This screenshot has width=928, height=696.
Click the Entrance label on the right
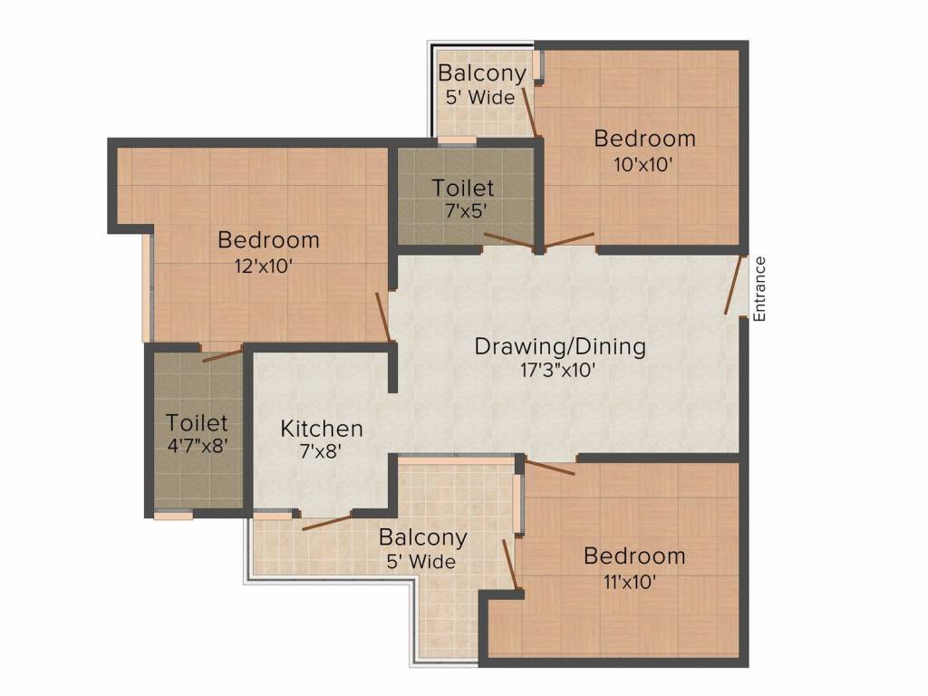[x=760, y=289]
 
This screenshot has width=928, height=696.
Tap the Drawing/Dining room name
[x=560, y=346]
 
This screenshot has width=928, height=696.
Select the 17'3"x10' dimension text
[x=560, y=370]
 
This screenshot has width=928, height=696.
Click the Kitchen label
[x=322, y=429]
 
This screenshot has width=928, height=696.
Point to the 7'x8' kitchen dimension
[x=322, y=451]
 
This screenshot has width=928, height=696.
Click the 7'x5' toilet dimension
[x=463, y=210]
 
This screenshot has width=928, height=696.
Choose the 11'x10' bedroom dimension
[x=633, y=581]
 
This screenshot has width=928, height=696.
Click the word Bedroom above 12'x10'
[x=268, y=240]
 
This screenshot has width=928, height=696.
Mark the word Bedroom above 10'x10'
[x=644, y=139]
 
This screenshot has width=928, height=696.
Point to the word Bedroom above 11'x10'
[x=634, y=556]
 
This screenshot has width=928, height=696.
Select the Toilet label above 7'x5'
[x=463, y=188]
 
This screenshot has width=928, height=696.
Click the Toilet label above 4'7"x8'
[x=197, y=422]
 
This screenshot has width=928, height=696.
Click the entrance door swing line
[x=734, y=285]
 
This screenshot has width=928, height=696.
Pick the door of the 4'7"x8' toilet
[x=222, y=354]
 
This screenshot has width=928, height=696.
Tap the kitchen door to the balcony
[x=326, y=521]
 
